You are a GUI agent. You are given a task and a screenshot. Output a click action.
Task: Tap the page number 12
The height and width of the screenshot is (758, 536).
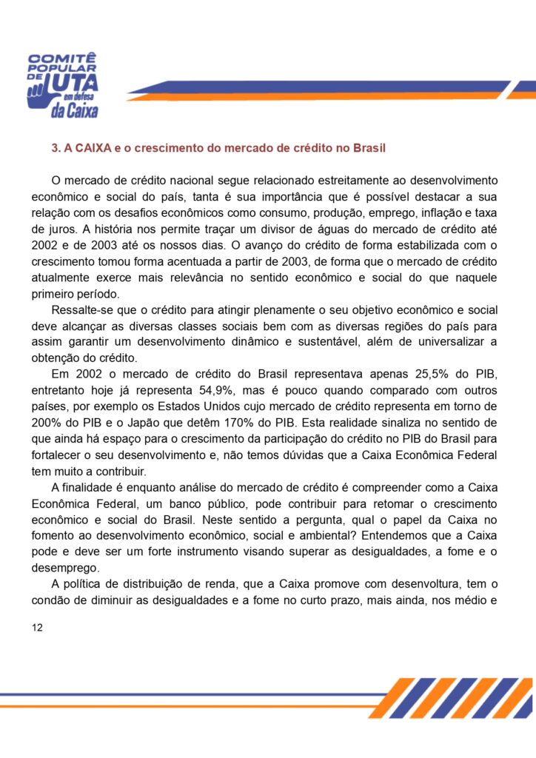point(38,628)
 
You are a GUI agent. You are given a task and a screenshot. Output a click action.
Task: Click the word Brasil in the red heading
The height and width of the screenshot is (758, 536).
point(368,148)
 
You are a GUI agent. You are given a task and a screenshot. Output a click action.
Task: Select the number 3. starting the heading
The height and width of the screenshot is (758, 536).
point(56,148)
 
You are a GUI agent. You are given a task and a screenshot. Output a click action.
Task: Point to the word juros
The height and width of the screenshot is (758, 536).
point(63,229)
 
